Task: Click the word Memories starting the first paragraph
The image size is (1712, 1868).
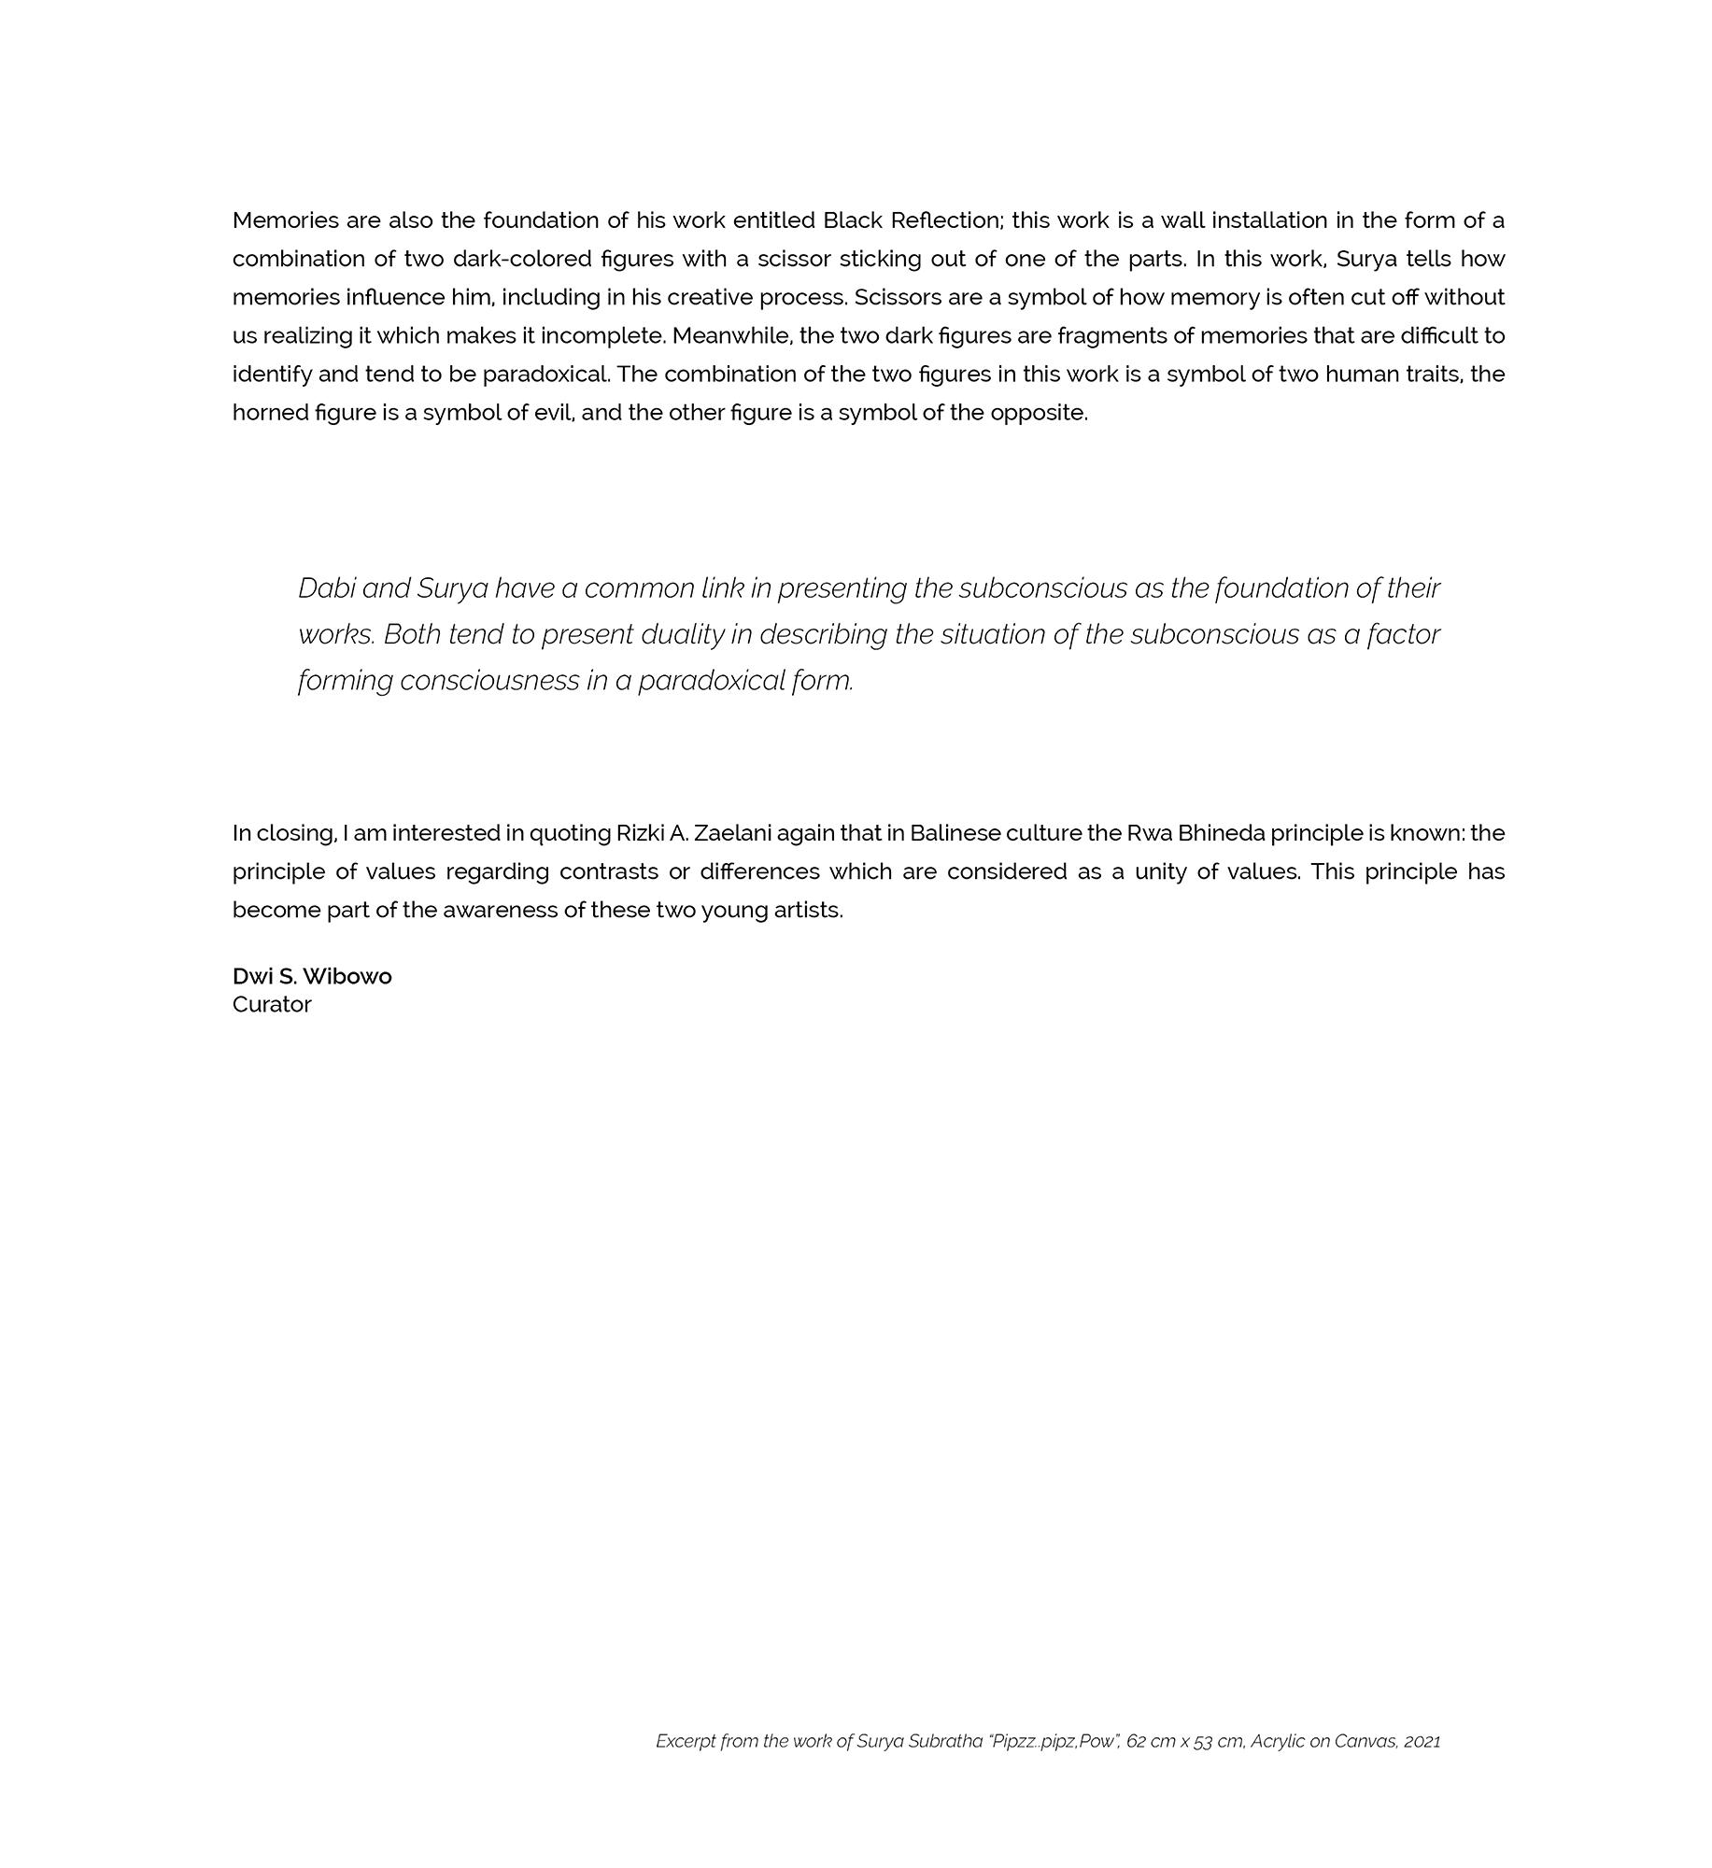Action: click(x=285, y=220)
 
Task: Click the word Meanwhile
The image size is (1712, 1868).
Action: click(x=731, y=335)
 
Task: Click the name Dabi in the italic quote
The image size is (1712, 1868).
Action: click(x=326, y=588)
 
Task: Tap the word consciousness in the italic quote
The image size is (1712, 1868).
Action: click(x=489, y=681)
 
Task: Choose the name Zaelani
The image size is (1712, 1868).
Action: click(x=731, y=833)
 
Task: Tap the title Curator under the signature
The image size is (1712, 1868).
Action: click(x=272, y=1004)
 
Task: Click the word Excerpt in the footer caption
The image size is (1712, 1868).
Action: click(x=686, y=1741)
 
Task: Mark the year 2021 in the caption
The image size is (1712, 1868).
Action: click(x=1422, y=1741)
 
